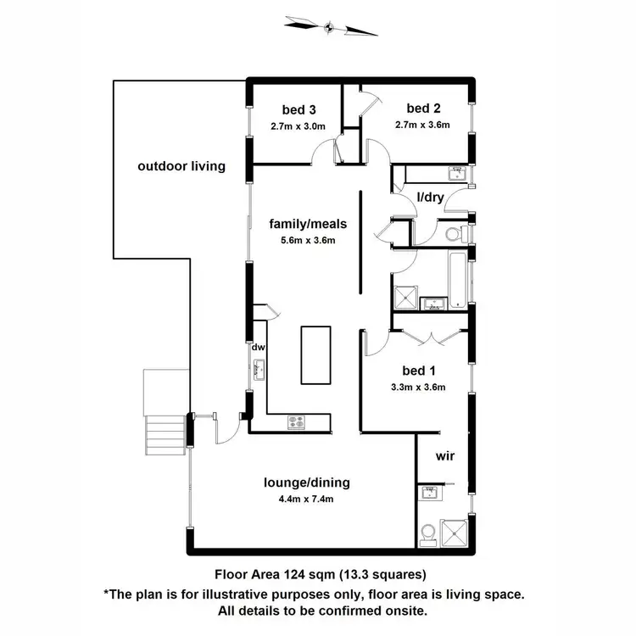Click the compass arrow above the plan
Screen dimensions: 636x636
coord(330,27)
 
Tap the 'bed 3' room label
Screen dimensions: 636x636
coord(299,109)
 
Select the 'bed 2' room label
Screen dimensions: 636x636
coord(421,108)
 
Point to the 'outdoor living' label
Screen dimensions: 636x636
coord(181,166)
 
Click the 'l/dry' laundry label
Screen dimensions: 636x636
coord(432,198)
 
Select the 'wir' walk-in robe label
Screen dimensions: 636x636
coord(444,456)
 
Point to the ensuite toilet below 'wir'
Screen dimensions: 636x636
coord(429,533)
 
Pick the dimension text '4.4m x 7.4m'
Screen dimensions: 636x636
coord(306,499)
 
